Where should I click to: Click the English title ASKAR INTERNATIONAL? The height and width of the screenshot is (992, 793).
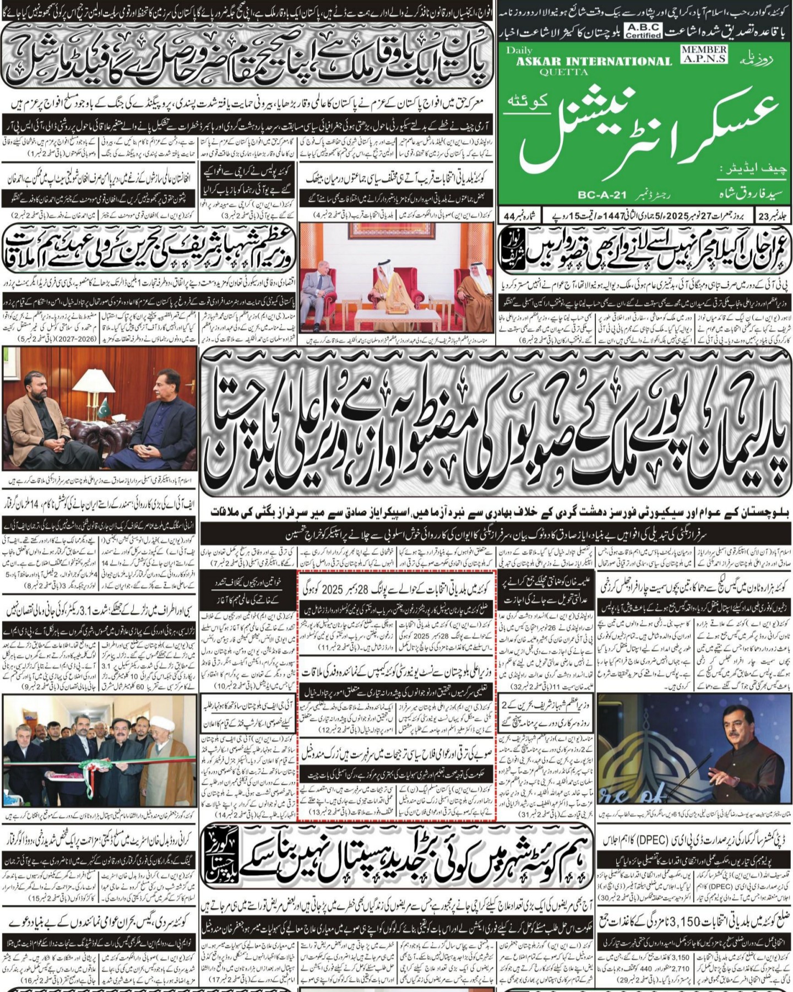pos(594,61)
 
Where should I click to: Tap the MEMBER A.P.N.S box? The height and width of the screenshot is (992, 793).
pos(704,53)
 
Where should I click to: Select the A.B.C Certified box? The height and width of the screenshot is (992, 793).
pos(643,31)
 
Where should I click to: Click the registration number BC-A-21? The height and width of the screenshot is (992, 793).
pos(602,194)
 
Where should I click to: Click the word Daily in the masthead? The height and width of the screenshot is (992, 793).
pos(519,50)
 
